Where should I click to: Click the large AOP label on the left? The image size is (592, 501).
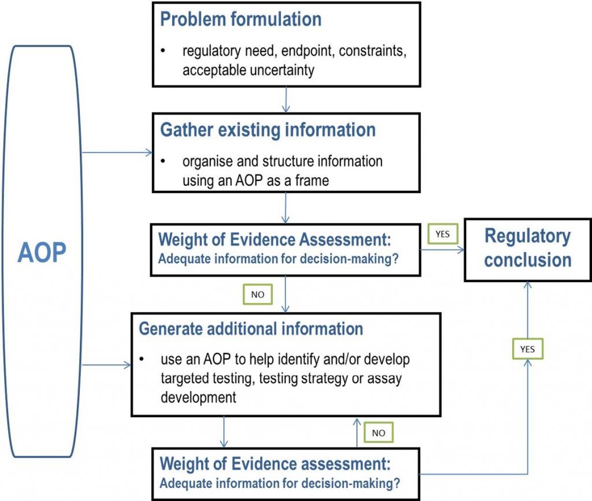42,252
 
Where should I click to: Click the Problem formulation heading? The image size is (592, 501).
240,19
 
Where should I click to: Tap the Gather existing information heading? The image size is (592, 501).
268,130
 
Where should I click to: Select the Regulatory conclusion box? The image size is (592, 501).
527,250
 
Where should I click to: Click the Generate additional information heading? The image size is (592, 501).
251,329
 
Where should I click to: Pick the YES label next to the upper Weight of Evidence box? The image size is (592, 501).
442,234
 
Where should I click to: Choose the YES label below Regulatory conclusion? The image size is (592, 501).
527,349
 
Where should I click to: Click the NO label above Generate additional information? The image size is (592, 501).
257,294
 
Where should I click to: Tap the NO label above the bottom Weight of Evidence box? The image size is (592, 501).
378,433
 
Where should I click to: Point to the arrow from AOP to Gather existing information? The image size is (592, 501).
117,153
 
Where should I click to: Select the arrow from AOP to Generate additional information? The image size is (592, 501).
106,365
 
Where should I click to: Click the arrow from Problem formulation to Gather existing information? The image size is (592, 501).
286,100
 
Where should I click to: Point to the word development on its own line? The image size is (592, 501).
198,397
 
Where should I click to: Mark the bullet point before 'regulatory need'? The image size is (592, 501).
163,51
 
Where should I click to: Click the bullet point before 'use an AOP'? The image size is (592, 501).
142,359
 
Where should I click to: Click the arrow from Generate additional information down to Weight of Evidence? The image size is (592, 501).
224,432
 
